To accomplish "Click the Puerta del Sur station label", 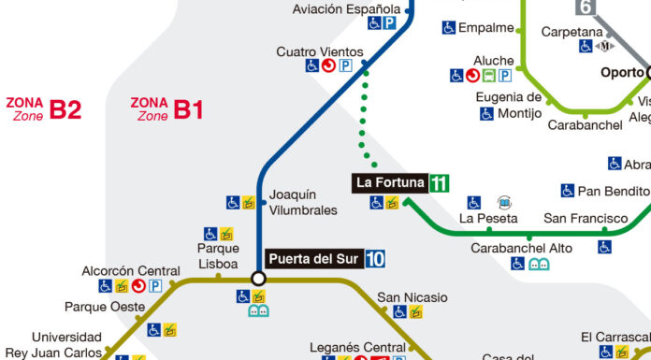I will [x=314, y=259].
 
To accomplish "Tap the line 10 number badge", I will [x=375, y=259].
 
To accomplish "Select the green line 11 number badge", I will [x=439, y=183].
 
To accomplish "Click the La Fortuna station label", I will [x=389, y=183].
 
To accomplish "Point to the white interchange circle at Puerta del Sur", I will [x=258, y=279].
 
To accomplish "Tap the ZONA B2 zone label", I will [x=43, y=109].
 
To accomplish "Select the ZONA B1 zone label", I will [x=166, y=109].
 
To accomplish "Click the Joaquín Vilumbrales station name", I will [x=302, y=203].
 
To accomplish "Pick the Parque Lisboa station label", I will [x=218, y=255].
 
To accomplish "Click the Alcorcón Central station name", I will [x=130, y=270].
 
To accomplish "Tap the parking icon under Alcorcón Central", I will [x=156, y=285].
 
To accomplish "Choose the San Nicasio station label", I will [x=412, y=297].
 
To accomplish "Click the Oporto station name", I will [x=622, y=72].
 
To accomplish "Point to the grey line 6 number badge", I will [x=586, y=7].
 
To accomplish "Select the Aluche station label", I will [x=493, y=61].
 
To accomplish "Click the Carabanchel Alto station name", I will [x=508, y=248].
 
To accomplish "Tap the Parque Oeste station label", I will [x=105, y=307].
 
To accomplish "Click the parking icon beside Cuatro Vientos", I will [x=345, y=66].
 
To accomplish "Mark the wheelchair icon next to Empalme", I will [x=449, y=28].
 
